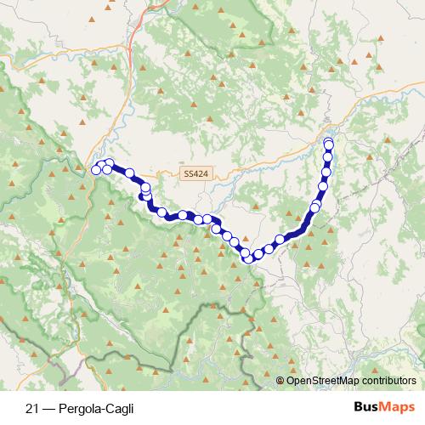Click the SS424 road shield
tap(195, 173)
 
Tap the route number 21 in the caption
tap(31, 408)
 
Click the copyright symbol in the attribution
tap(280, 380)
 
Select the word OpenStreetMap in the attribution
tap(320, 380)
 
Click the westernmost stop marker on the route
tap(96, 169)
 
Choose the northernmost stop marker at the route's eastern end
tap(328, 142)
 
